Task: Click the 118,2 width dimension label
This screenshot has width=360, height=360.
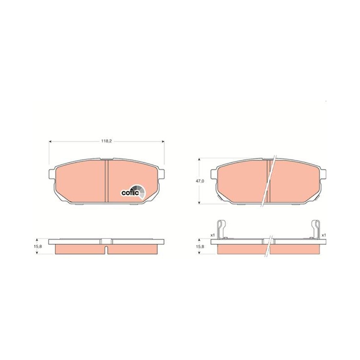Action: pyautogui.click(x=107, y=141)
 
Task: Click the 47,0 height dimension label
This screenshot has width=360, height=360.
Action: pyautogui.click(x=199, y=181)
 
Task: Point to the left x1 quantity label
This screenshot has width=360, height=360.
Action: pyautogui.click(x=212, y=235)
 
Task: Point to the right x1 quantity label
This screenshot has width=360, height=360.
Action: pyautogui.click(x=324, y=235)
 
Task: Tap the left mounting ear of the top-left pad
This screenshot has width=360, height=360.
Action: pyautogui.click(x=52, y=173)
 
